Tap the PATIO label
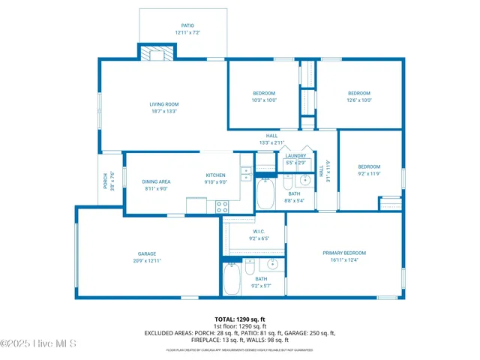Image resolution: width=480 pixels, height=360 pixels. point(187,25)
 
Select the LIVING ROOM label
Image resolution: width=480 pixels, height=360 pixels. point(163,104)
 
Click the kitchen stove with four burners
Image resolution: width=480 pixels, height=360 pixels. point(222,205)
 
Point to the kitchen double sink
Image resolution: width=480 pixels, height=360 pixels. point(247,173)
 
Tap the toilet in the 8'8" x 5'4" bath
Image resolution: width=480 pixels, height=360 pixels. point(288,184)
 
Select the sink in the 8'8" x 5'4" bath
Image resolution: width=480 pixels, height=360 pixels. point(305,180)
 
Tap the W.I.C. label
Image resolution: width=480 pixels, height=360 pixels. point(258,231)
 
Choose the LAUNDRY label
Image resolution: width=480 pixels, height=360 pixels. point(295,156)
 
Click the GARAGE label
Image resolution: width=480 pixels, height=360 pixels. point(146,253)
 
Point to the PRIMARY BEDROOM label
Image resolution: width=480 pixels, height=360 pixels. point(344,253)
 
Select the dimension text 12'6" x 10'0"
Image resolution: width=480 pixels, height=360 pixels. point(358,100)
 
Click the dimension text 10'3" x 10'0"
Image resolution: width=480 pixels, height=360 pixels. point(264,100)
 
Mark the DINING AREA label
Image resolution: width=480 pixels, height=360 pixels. point(157,181)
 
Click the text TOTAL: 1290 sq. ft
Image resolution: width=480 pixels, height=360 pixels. point(240,319)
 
